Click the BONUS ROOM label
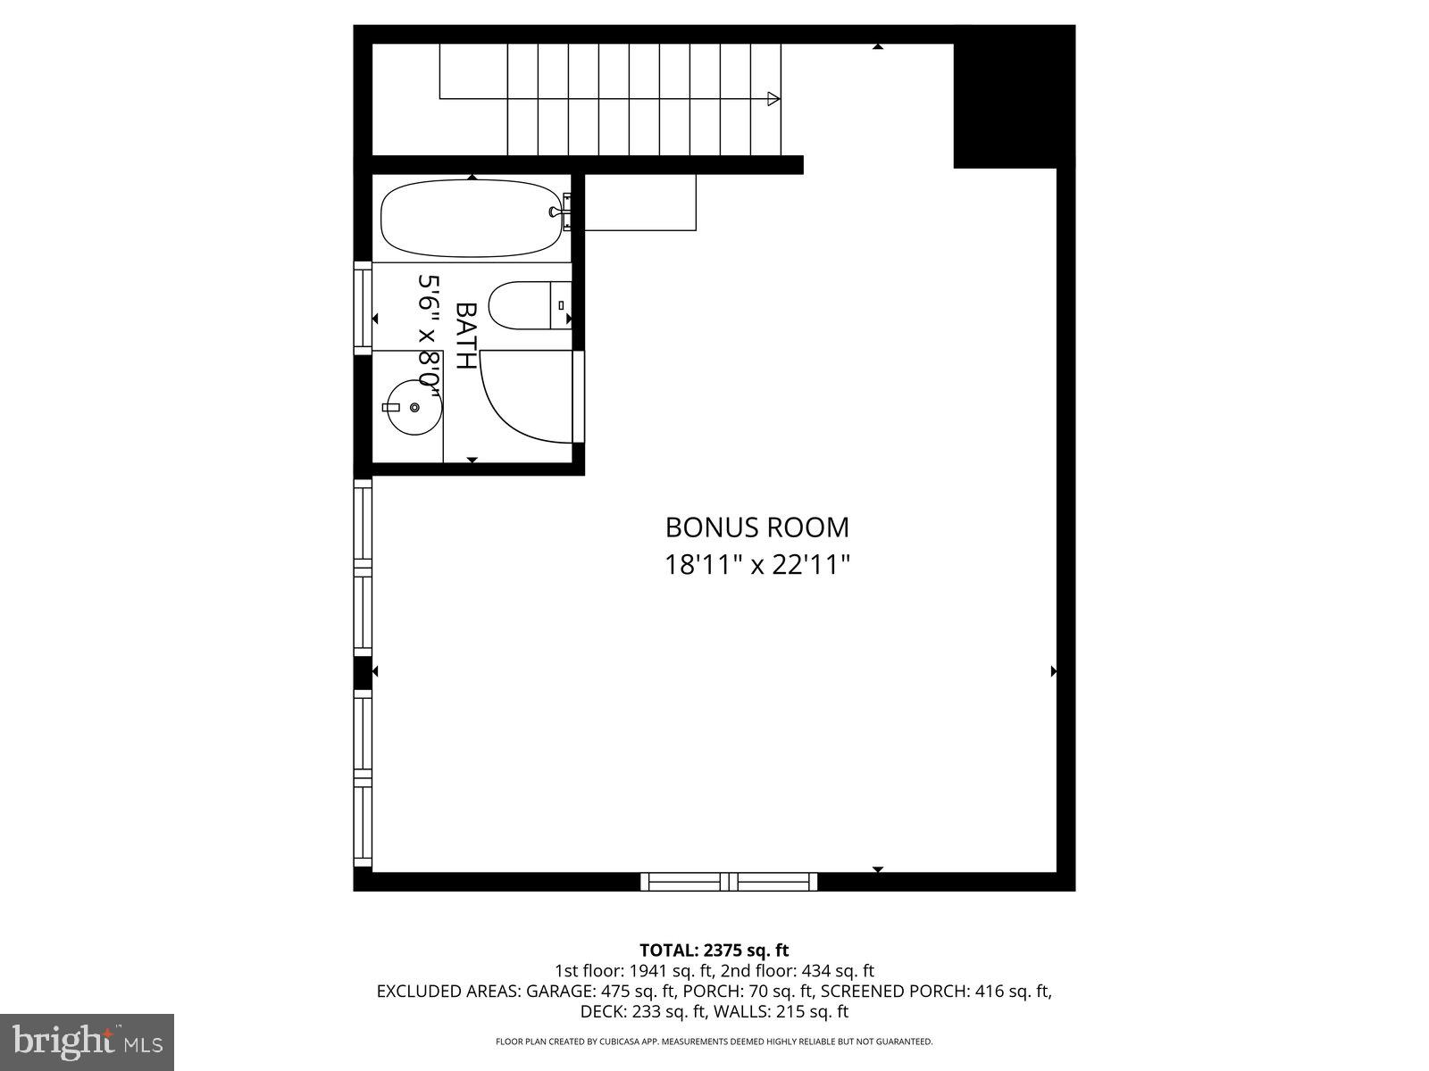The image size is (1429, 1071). tap(757, 527)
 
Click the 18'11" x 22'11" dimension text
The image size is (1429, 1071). tap(757, 565)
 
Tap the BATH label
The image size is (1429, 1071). tap(465, 336)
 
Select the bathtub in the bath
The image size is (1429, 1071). tap(472, 219)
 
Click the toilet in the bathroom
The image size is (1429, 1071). tap(527, 305)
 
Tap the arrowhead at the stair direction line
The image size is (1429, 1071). tap(773, 98)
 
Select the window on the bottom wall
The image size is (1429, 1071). tap(729, 882)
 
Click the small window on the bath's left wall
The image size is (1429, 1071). tap(363, 308)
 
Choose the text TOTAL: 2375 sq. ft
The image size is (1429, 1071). tap(714, 950)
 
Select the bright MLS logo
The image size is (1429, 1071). tap(88, 1041)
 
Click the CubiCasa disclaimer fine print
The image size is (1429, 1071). tap(714, 1042)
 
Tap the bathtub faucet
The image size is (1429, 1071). tap(560, 212)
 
